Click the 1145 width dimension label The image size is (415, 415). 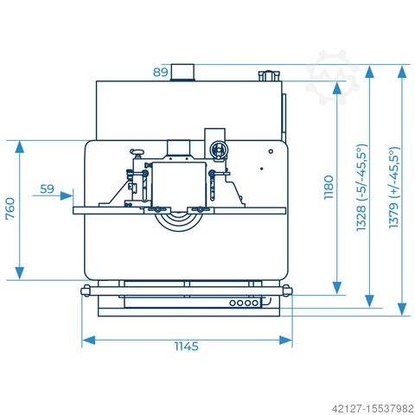187,346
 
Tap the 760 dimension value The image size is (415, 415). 10,208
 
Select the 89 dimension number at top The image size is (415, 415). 160,72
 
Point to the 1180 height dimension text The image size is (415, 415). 329,188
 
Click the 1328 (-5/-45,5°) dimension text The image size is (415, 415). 361,188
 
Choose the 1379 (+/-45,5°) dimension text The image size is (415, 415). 394,188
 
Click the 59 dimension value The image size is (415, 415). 47,189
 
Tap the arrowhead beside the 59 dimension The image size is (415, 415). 67,196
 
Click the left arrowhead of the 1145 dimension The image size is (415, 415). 89,340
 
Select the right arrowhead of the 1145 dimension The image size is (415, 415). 285,340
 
